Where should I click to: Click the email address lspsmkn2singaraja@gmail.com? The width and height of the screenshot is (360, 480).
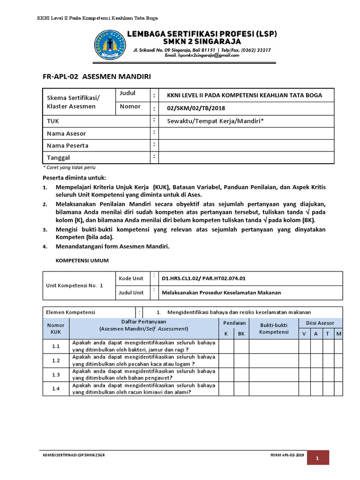[202, 55]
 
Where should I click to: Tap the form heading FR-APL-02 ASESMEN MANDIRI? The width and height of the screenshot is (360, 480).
[97, 76]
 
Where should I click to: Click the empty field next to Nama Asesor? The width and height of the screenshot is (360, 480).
[246, 134]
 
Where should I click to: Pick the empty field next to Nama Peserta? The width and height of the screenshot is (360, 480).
[246, 145]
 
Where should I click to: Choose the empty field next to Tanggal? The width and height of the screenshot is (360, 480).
[246, 157]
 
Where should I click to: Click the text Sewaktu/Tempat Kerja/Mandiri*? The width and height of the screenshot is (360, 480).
[215, 121]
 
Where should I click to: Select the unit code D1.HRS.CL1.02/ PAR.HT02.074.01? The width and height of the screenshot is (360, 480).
[203, 278]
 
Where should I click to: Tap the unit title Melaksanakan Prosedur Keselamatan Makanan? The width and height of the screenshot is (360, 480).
[221, 292]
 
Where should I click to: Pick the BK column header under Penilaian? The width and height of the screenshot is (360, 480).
[241, 334]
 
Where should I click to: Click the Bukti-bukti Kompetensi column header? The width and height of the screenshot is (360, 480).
[273, 328]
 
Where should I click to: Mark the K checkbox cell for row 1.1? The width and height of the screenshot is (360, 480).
[226, 346]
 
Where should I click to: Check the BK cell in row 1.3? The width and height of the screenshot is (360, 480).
[241, 375]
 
